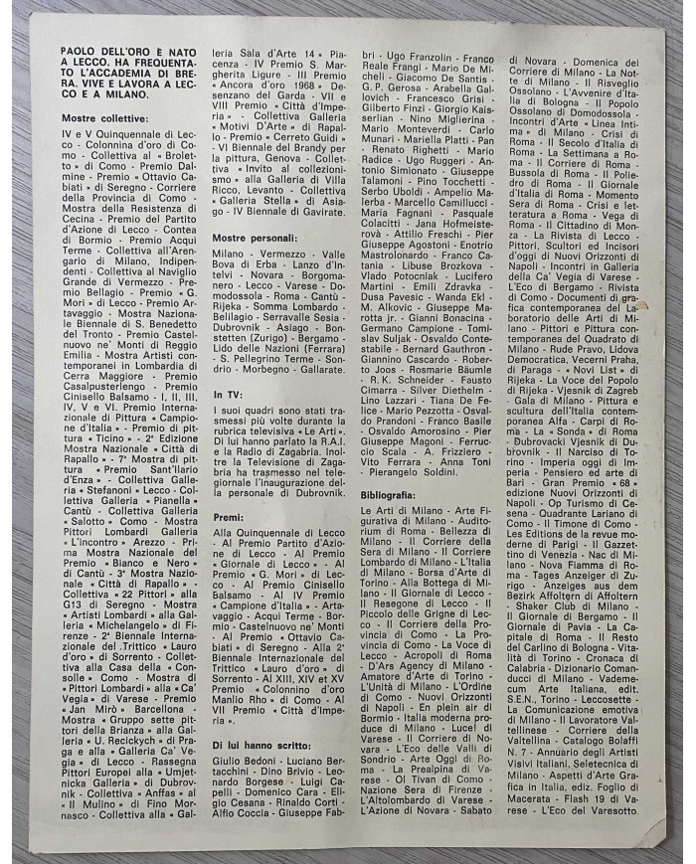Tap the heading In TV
tap(228, 395)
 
